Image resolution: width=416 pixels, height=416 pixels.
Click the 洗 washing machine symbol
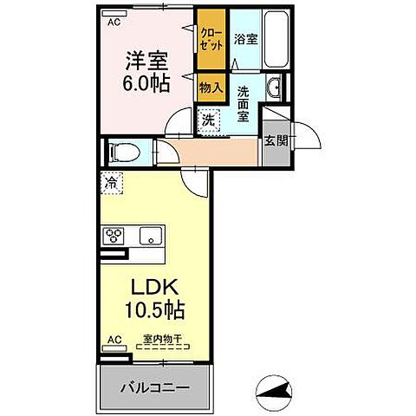[x=209, y=121]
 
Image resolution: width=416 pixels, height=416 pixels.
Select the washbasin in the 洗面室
[x=274, y=87]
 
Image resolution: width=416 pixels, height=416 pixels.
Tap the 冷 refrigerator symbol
[x=112, y=183]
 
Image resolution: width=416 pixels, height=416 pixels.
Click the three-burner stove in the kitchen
[x=115, y=236]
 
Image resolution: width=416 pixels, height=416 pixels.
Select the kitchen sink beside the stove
[x=149, y=236]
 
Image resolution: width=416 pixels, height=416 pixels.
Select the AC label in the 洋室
[x=114, y=23]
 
